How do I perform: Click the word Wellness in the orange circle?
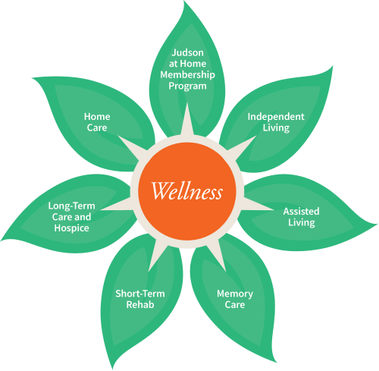tap(187, 191)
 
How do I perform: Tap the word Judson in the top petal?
tap(187, 53)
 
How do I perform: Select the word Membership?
tap(187, 75)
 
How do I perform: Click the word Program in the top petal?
tap(187, 86)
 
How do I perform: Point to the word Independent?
tap(276, 117)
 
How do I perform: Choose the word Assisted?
tap(301, 211)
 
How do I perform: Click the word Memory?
tap(235, 294)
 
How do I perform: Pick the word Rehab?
tap(140, 305)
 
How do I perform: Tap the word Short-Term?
tap(140, 294)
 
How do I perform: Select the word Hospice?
tap(71, 228)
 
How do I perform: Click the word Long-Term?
tap(71, 206)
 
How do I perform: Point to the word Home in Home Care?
tap(97, 117)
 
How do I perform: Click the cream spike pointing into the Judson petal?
tap(187, 120)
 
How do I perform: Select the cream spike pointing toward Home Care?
tap(131, 147)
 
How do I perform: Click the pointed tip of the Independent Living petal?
tap(333, 67)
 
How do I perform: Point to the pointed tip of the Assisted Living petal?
tap(377, 224)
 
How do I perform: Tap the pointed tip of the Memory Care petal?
tap(275, 362)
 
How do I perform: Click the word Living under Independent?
tap(276, 127)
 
